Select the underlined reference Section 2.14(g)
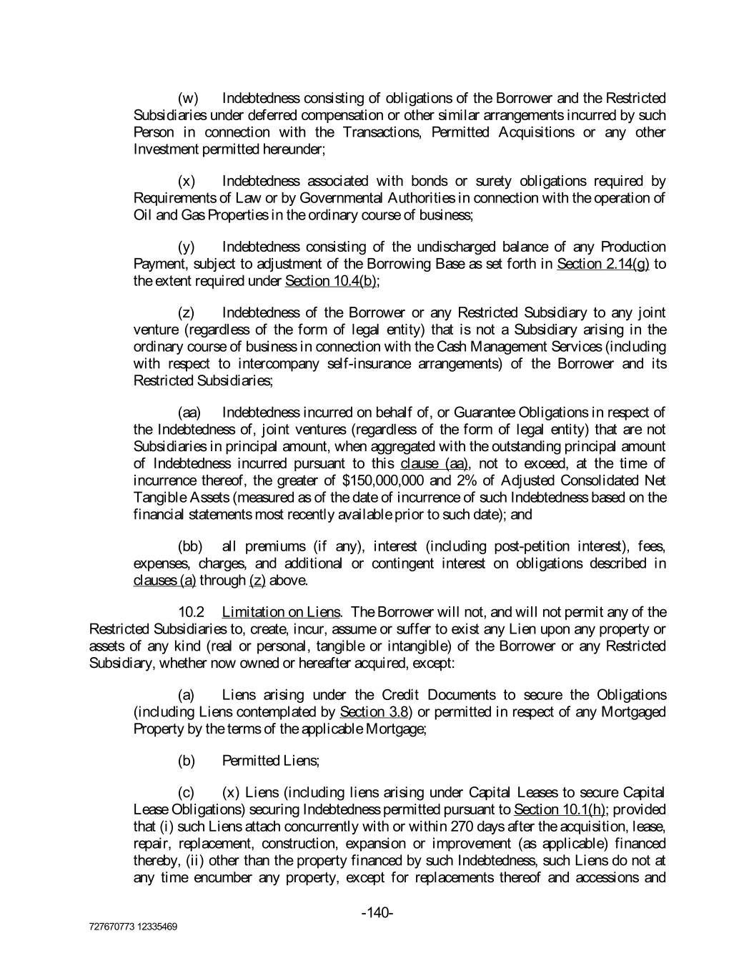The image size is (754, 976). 602,264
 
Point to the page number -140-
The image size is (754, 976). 377,913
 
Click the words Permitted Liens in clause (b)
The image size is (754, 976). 271,761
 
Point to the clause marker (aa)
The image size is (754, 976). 189,413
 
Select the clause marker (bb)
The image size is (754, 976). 190,547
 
